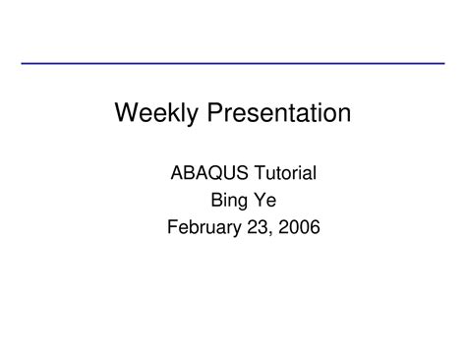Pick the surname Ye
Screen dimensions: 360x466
[265, 201]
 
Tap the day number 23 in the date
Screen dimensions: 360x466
[258, 228]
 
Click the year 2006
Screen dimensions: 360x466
[299, 228]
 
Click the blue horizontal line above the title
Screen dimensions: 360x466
[233, 63]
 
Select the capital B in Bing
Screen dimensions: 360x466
[215, 201]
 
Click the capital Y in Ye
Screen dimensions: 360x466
[261, 201]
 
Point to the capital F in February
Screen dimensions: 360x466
[172, 228]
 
